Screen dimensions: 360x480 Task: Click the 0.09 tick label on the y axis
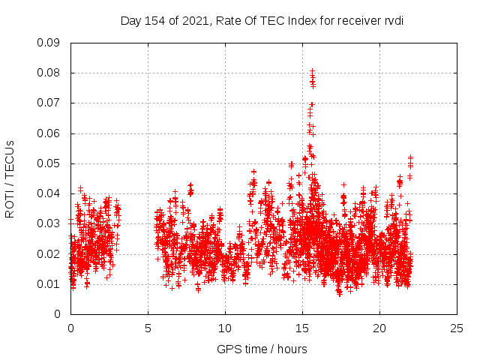pos(49,43)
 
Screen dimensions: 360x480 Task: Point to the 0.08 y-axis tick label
pos(49,73)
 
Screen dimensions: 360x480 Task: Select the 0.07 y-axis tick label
pos(49,103)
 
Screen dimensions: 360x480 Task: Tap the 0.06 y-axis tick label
pos(49,133)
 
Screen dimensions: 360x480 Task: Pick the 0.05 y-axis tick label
pos(49,163)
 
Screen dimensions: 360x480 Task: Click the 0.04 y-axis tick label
pos(49,193)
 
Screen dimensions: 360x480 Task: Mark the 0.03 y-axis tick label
pos(49,223)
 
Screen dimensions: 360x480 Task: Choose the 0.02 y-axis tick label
pos(49,253)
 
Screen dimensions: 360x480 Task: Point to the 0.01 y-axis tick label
pos(49,283)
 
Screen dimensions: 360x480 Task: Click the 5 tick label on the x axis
pos(148,328)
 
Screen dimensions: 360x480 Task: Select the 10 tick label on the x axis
pos(225,328)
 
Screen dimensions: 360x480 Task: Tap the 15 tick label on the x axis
pos(302,328)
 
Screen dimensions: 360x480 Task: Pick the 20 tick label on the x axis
pos(379,328)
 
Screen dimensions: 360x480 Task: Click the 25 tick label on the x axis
pos(457,328)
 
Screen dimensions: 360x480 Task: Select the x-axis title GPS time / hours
pos(262,349)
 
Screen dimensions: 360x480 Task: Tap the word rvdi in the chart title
pos(394,21)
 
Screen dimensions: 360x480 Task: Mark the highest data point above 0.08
pos(312,70)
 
